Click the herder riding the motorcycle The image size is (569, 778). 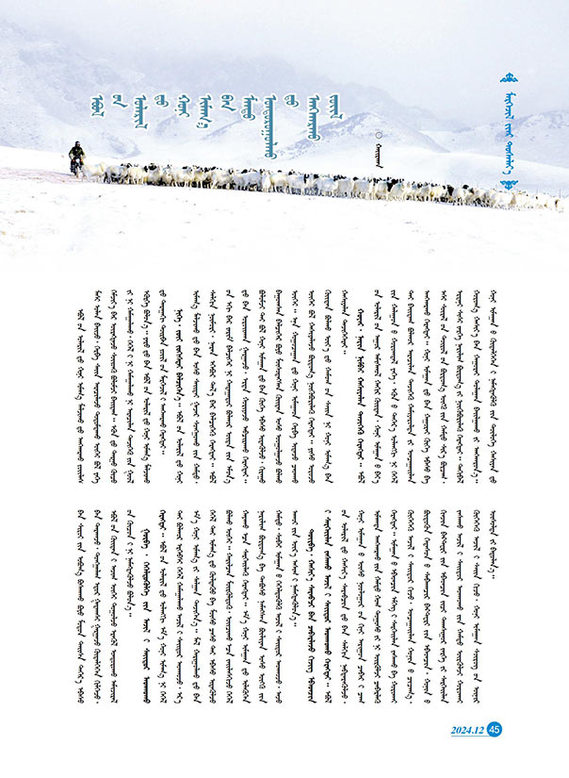75,158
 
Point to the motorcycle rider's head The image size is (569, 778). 75,146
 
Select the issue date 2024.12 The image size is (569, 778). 467,727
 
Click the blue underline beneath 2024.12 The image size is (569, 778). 467,735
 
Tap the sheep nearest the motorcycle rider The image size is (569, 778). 94,172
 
